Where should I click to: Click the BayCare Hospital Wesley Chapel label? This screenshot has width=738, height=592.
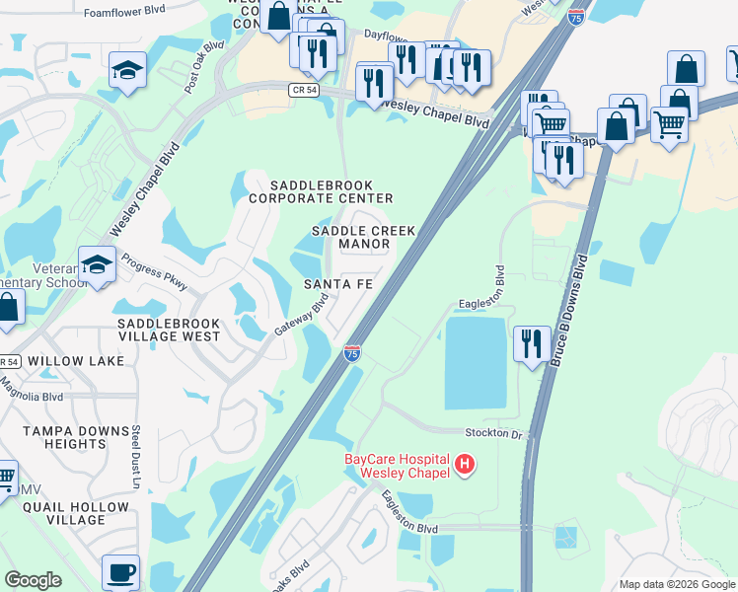396,465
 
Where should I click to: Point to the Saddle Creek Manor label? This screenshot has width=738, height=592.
363,237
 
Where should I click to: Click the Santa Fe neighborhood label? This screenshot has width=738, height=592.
337,284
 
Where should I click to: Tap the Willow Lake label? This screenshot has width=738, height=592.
76,361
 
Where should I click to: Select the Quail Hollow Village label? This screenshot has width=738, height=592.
78,513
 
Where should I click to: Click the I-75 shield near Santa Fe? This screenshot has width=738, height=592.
352,352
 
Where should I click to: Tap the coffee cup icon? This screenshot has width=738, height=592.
120,571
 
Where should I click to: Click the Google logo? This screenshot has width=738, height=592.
34,580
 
